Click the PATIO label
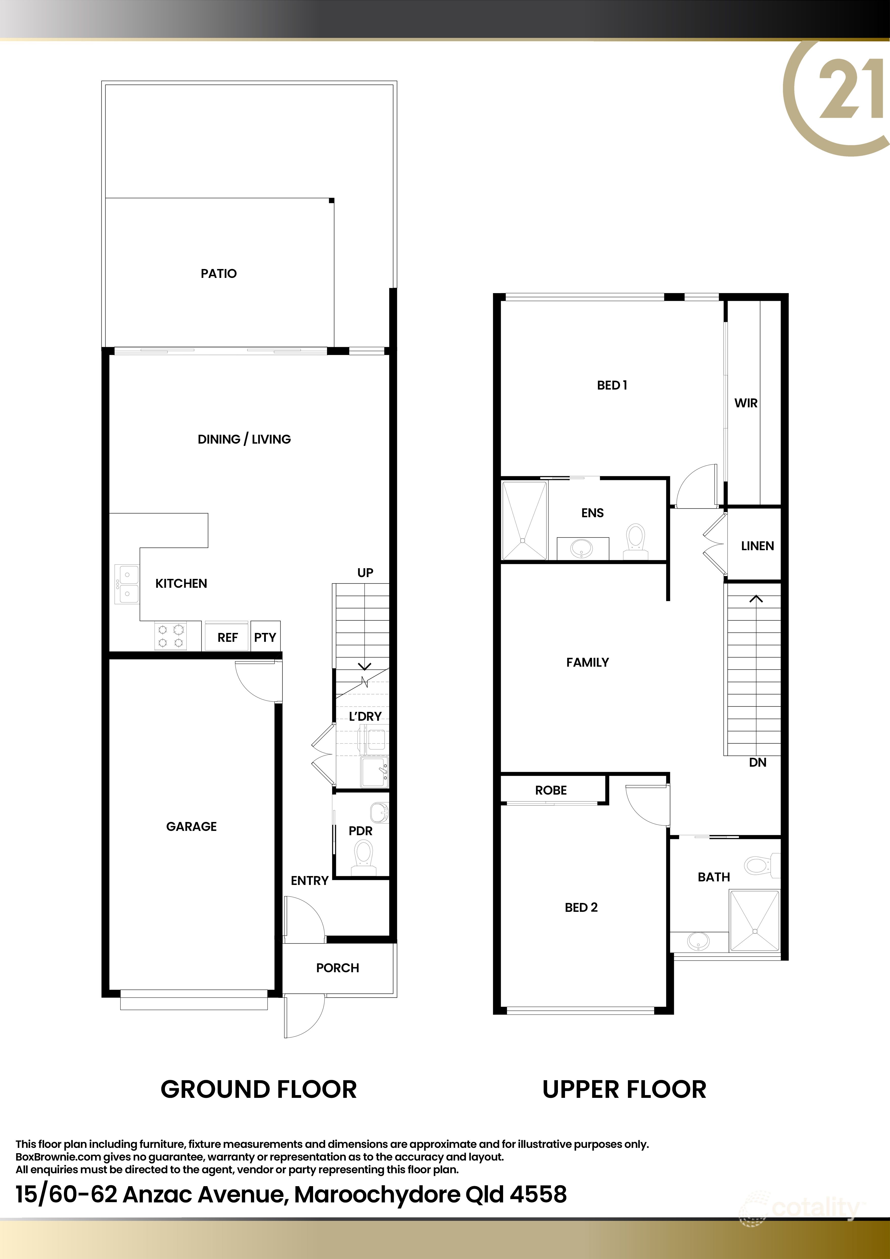pos(219,274)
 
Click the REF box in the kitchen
pos(227,637)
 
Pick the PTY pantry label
pos(265,637)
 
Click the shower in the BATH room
pos(754,921)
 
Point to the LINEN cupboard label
pos(757,546)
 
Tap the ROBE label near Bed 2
pos(551,790)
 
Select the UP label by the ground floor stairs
pos(365,573)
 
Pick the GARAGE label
pos(191,826)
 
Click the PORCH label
pos(338,968)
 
